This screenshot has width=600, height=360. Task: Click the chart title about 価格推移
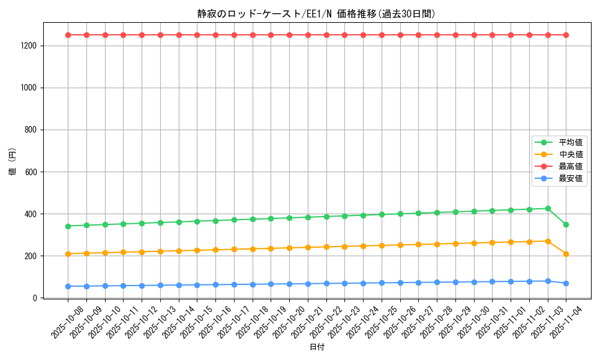[316, 14]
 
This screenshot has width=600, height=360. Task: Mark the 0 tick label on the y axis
[36, 298]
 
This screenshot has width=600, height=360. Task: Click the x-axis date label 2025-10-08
[68, 321]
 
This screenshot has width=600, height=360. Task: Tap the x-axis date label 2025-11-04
[566, 321]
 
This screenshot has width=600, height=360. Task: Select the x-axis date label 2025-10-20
[289, 321]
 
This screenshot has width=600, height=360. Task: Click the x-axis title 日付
[317, 347]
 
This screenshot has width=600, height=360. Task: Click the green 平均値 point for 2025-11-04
[566, 224]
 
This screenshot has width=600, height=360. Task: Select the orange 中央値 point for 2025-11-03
[548, 241]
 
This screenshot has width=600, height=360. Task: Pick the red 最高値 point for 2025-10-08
[68, 35]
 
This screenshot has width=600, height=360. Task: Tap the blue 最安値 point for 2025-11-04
[566, 283]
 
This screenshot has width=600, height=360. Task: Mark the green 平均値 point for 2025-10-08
[68, 226]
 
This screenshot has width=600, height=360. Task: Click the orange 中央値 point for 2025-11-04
[566, 254]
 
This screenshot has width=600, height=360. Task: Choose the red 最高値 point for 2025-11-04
[566, 35]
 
